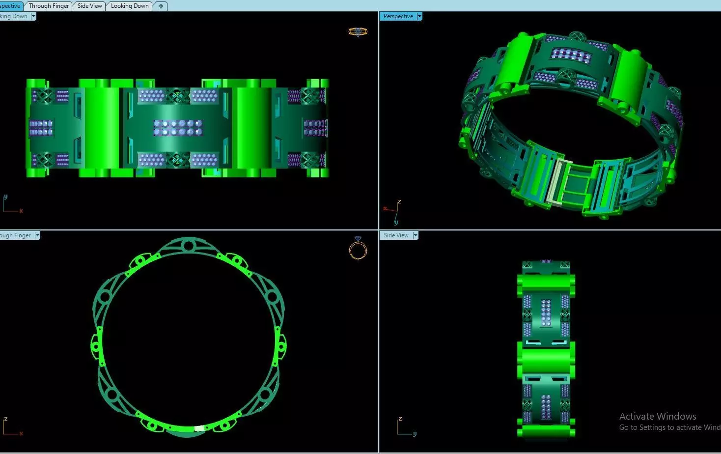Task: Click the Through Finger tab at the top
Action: pos(49,6)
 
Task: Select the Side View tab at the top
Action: pos(90,6)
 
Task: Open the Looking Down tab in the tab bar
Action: pos(130,6)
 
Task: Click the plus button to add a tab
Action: pos(161,6)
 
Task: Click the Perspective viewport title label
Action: pos(398,16)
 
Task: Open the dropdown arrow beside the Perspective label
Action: pos(419,16)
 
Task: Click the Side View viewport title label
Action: pos(396,235)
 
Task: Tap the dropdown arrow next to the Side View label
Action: pos(416,235)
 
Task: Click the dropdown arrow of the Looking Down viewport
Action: pos(33,16)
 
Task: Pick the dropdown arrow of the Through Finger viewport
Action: pos(37,235)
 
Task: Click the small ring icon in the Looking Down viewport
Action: pos(358,31)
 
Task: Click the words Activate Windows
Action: pos(658,416)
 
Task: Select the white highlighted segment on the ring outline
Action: pos(199,428)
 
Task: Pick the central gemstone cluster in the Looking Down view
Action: pos(177,128)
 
